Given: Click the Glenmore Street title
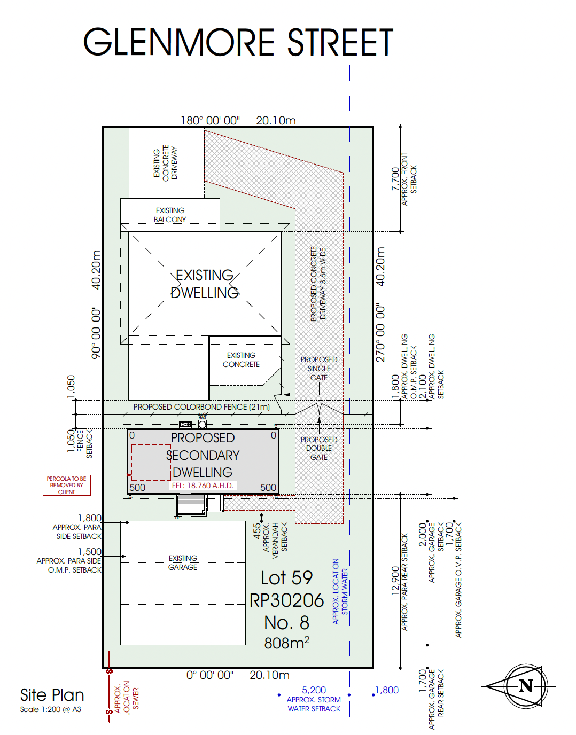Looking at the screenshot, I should click(238, 43).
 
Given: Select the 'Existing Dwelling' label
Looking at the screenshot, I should click(205, 284).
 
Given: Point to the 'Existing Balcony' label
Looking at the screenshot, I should click(170, 215).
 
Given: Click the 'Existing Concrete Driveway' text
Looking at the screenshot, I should click(165, 162).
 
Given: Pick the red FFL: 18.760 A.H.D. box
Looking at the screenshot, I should click(203, 486).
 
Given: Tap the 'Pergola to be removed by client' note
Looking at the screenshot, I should click(67, 486).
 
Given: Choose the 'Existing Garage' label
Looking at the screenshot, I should click(183, 562).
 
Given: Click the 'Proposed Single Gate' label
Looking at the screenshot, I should click(319, 369).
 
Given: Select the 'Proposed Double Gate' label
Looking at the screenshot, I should click(319, 448).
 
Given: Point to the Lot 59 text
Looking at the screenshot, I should click(286, 578).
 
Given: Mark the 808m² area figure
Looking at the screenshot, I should click(286, 643).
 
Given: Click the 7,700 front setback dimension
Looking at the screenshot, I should click(395, 179).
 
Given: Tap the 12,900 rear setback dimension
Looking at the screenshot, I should click(395, 581).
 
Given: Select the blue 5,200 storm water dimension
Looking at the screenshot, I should click(314, 690).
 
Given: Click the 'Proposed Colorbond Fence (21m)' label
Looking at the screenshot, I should click(201, 407).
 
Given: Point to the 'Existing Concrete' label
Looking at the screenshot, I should click(241, 359).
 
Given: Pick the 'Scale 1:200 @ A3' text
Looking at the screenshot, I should click(51, 709).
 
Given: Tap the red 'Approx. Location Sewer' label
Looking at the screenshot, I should click(127, 698).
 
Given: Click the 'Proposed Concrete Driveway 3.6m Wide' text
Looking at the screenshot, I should click(318, 284).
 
